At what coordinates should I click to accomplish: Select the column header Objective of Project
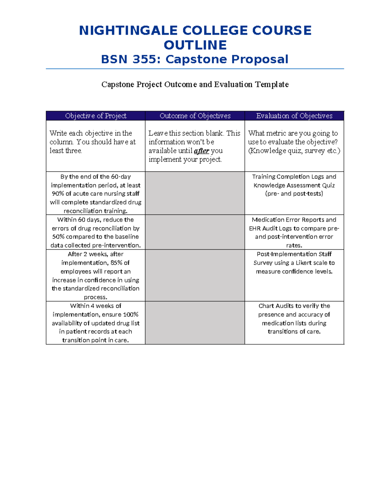96,116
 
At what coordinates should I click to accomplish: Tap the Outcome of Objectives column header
195,116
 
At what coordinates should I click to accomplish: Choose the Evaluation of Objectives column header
294,116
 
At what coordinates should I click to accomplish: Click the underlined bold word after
201,151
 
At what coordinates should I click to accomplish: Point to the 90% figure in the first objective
58,194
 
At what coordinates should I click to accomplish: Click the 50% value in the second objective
58,237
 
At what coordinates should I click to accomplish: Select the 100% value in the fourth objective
131,314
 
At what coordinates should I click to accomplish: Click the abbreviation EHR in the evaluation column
255,228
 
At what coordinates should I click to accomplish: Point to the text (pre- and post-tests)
294,194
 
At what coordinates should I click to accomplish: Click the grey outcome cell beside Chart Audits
195,323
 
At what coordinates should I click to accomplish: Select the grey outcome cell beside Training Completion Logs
195,193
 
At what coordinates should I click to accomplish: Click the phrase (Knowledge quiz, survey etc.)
294,151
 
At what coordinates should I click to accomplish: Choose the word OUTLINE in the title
195,45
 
